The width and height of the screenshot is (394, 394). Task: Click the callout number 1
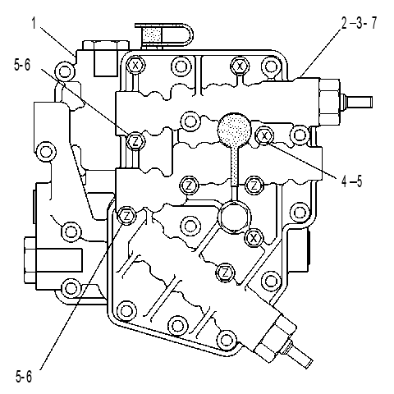[x=34, y=23]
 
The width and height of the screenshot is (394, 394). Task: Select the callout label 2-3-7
[x=359, y=23]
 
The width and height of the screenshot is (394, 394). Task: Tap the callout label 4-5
[x=351, y=181]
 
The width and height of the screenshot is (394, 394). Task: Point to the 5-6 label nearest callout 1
[x=22, y=65]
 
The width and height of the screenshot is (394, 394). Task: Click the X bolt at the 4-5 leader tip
[x=264, y=135]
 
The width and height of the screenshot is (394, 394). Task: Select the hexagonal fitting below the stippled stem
[x=235, y=217]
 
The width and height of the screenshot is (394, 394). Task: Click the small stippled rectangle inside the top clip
[x=152, y=35]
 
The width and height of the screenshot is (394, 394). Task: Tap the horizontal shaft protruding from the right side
[x=356, y=101]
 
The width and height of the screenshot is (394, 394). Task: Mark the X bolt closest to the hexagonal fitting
[x=254, y=238]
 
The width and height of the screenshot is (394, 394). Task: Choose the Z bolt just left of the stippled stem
[x=189, y=186]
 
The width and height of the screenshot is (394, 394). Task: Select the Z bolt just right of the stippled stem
[x=254, y=186]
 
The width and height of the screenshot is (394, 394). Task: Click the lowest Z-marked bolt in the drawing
[x=225, y=273]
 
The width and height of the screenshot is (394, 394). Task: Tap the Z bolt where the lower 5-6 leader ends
[x=126, y=216]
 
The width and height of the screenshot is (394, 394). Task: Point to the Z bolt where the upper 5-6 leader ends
[x=135, y=141]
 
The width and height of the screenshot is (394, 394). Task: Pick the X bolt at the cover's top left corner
[x=135, y=66]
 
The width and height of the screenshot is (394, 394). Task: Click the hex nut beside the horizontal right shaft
[x=330, y=101]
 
